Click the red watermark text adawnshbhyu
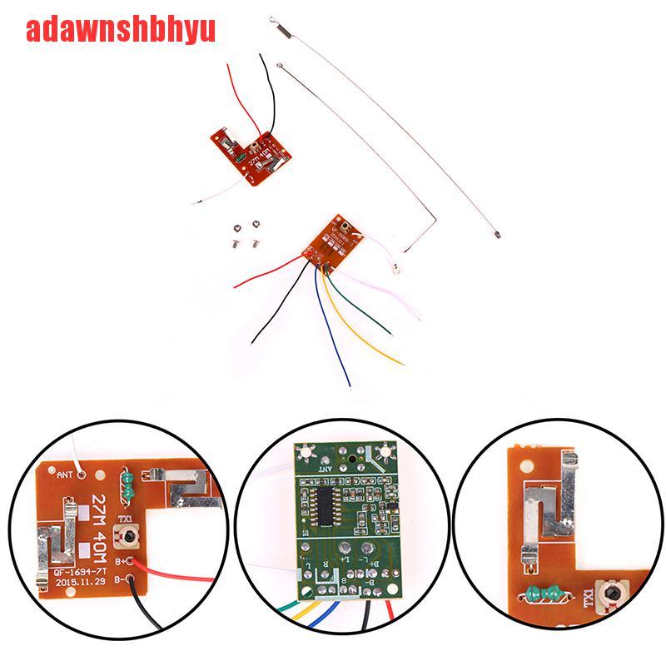122,31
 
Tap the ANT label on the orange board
66,477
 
